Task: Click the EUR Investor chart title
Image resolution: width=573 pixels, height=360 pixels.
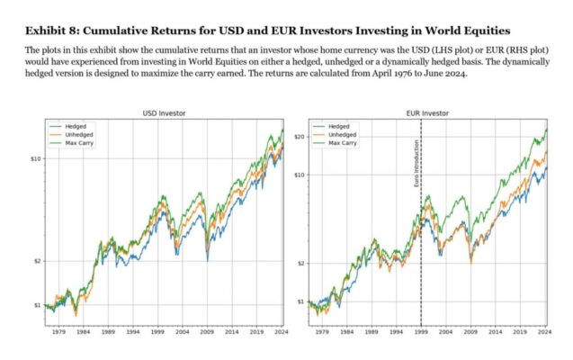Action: (x=427, y=113)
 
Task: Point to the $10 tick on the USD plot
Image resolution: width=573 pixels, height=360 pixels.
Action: (x=34, y=158)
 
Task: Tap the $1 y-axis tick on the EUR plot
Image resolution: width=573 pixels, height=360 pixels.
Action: (x=300, y=301)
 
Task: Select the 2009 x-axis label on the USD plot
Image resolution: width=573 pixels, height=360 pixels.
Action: (x=207, y=332)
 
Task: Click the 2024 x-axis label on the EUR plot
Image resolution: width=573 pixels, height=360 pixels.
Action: (x=543, y=332)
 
